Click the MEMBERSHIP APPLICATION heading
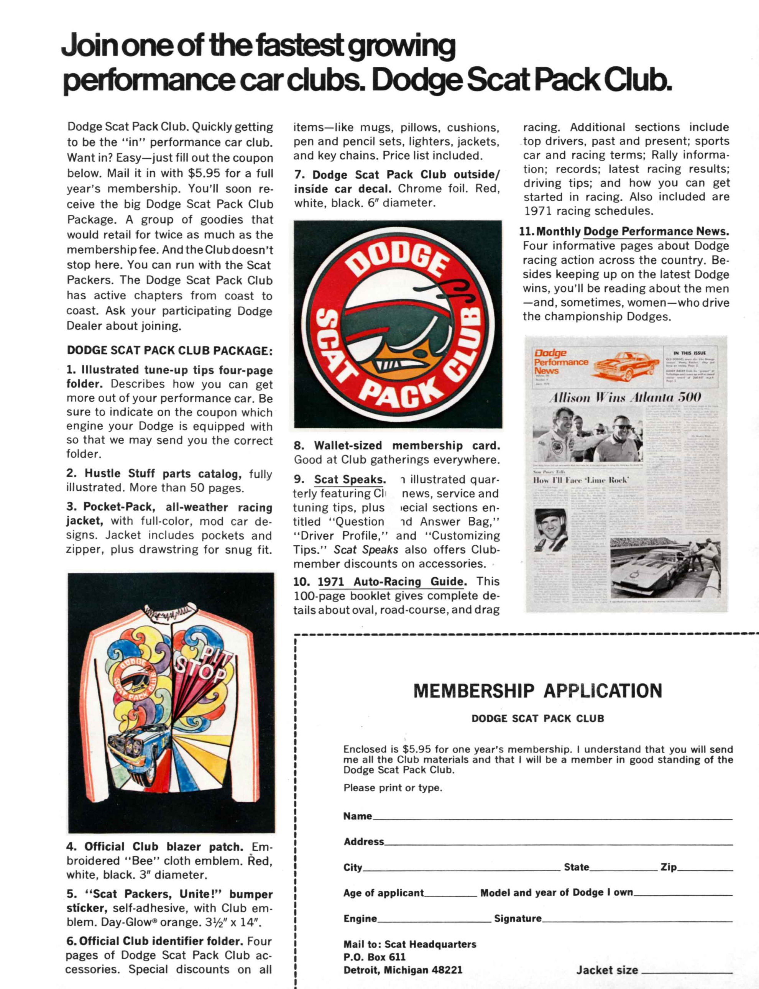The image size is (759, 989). click(x=537, y=691)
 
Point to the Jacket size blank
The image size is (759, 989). click(x=687, y=971)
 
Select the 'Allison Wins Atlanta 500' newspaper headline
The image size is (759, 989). click(x=625, y=398)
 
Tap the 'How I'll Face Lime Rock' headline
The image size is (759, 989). click(x=581, y=480)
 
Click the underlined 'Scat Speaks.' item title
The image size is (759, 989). click(x=350, y=480)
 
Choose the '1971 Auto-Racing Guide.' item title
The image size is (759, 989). click(x=392, y=582)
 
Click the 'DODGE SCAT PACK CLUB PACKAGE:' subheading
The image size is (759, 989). click(x=169, y=351)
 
